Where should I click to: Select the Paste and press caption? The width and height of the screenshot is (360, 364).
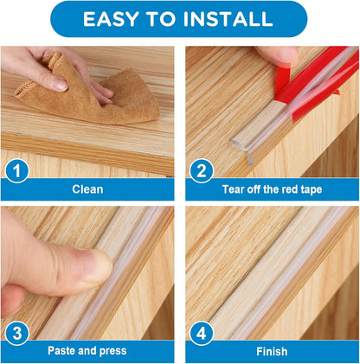87,350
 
